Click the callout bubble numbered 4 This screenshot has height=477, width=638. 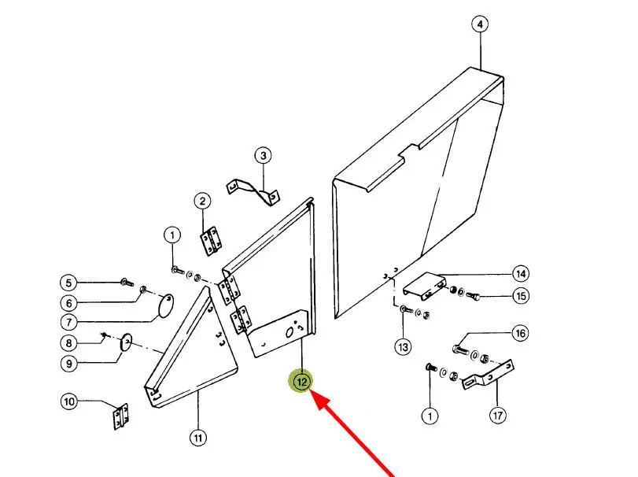(479, 24)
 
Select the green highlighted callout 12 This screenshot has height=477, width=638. (302, 382)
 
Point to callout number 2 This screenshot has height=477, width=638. (202, 202)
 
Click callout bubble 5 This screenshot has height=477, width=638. (68, 283)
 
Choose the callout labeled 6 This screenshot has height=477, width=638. (68, 303)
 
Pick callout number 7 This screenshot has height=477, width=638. (68, 322)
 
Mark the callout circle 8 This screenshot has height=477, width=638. (68, 343)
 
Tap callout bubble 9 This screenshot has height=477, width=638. (68, 364)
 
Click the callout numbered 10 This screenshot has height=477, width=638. (69, 402)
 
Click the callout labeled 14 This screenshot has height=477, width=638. (520, 274)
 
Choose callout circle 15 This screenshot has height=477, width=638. (520, 296)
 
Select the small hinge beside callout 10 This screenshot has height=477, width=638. (120, 416)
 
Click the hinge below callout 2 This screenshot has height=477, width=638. (211, 241)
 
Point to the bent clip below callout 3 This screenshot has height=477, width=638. (254, 189)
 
